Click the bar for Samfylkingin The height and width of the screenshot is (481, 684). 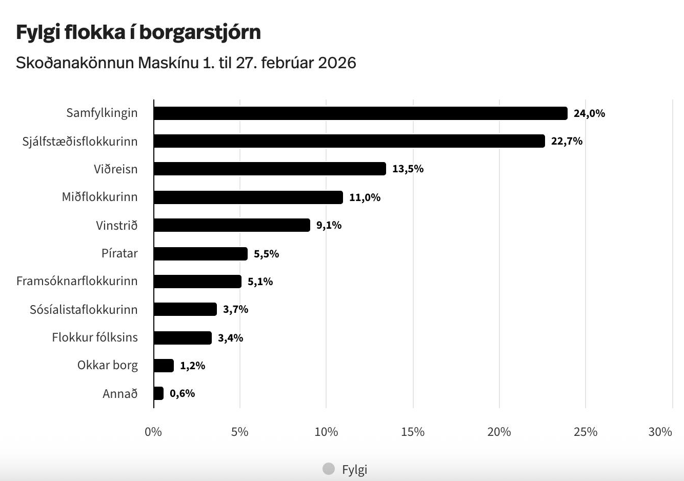pyautogui.click(x=360, y=113)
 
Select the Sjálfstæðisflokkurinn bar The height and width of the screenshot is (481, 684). pyautogui.click(x=349, y=141)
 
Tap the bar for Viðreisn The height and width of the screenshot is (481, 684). pyautogui.click(x=269, y=169)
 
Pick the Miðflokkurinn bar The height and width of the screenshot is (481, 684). pyautogui.click(x=248, y=197)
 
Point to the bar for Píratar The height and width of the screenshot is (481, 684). pyautogui.click(x=200, y=254)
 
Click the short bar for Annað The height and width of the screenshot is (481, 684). pyautogui.click(x=158, y=393)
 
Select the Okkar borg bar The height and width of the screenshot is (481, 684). pyautogui.click(x=164, y=366)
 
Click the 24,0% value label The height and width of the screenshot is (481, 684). pyautogui.click(x=589, y=113)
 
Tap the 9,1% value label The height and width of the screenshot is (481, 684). pyautogui.click(x=329, y=225)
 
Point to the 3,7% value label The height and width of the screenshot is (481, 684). pyautogui.click(x=235, y=309)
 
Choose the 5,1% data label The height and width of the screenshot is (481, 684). pyautogui.click(x=260, y=282)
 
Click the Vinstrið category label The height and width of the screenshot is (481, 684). pyautogui.click(x=116, y=225)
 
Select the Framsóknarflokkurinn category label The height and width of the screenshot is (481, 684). pyautogui.click(x=77, y=281)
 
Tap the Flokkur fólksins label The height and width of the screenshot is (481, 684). pyautogui.click(x=95, y=337)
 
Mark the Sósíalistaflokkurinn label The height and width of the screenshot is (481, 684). pyautogui.click(x=84, y=309)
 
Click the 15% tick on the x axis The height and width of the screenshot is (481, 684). pyautogui.click(x=413, y=432)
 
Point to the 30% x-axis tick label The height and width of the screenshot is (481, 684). pyautogui.click(x=660, y=432)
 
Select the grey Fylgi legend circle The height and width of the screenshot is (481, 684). pyautogui.click(x=329, y=469)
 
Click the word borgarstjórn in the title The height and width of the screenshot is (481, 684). pyautogui.click(x=200, y=32)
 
